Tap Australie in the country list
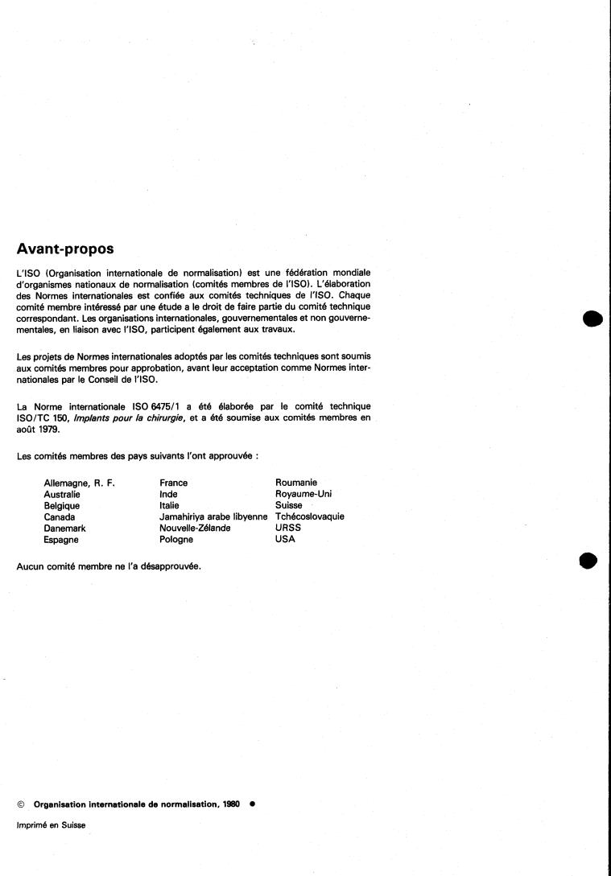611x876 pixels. click(x=62, y=495)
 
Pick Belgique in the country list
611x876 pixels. click(x=61, y=506)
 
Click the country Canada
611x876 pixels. click(x=60, y=517)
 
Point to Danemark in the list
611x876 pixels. click(x=64, y=528)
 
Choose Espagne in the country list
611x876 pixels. click(x=61, y=540)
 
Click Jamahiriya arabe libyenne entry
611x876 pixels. click(x=213, y=517)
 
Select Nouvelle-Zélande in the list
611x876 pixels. click(x=195, y=528)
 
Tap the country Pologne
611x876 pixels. click(x=176, y=540)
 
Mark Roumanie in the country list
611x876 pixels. click(x=295, y=483)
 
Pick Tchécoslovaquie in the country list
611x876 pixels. click(x=310, y=517)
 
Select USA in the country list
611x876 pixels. click(x=286, y=540)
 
